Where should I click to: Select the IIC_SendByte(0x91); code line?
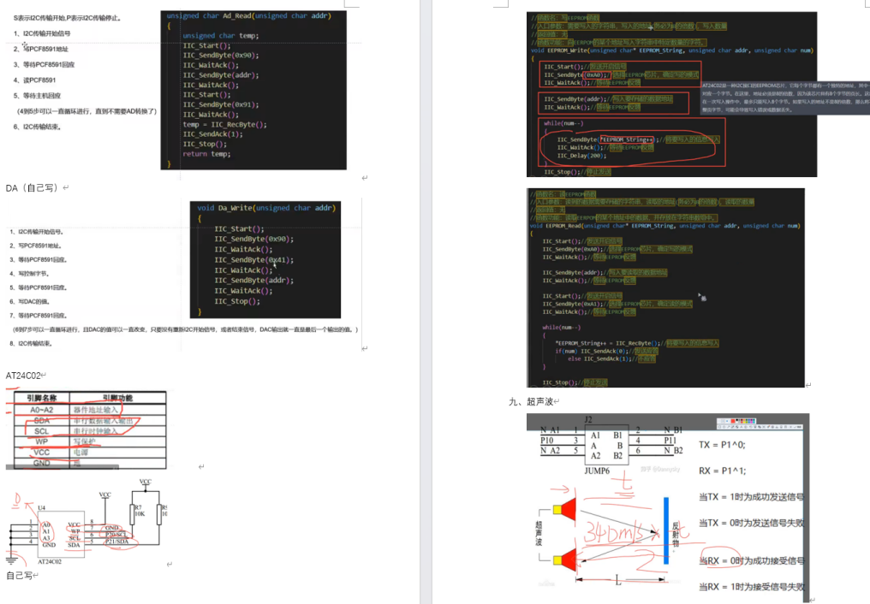pyautogui.click(x=221, y=104)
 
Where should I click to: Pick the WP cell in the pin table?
pyautogui.click(x=41, y=441)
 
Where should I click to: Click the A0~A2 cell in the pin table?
pyautogui.click(x=41, y=409)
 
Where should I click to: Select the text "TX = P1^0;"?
pyautogui.click(x=723, y=445)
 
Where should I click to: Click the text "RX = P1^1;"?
pyautogui.click(x=723, y=470)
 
